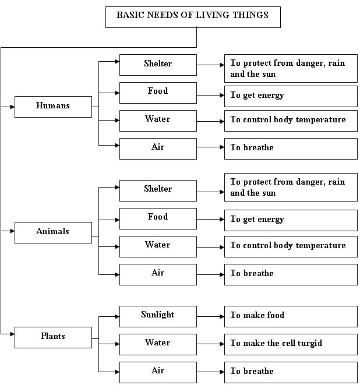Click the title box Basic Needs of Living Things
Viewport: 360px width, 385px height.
193,17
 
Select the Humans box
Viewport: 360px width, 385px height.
53,107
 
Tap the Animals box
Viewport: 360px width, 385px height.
53,232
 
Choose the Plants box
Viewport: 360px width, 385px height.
53,337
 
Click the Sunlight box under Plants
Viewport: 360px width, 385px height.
158,316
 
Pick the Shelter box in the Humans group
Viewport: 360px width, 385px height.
158,65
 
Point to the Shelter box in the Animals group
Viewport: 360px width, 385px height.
158,190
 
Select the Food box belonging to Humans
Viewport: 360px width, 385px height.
158,92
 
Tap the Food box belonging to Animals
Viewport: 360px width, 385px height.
158,218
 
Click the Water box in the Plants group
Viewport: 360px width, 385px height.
158,344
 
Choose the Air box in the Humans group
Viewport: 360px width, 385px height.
158,149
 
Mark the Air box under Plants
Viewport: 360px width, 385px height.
158,372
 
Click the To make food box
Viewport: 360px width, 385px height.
291,316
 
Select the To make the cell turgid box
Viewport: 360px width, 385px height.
291,344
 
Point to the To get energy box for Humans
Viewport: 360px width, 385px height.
291,96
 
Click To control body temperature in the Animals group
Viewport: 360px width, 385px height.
291,246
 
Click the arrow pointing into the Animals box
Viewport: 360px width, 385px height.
8,231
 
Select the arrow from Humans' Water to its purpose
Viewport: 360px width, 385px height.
210,121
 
